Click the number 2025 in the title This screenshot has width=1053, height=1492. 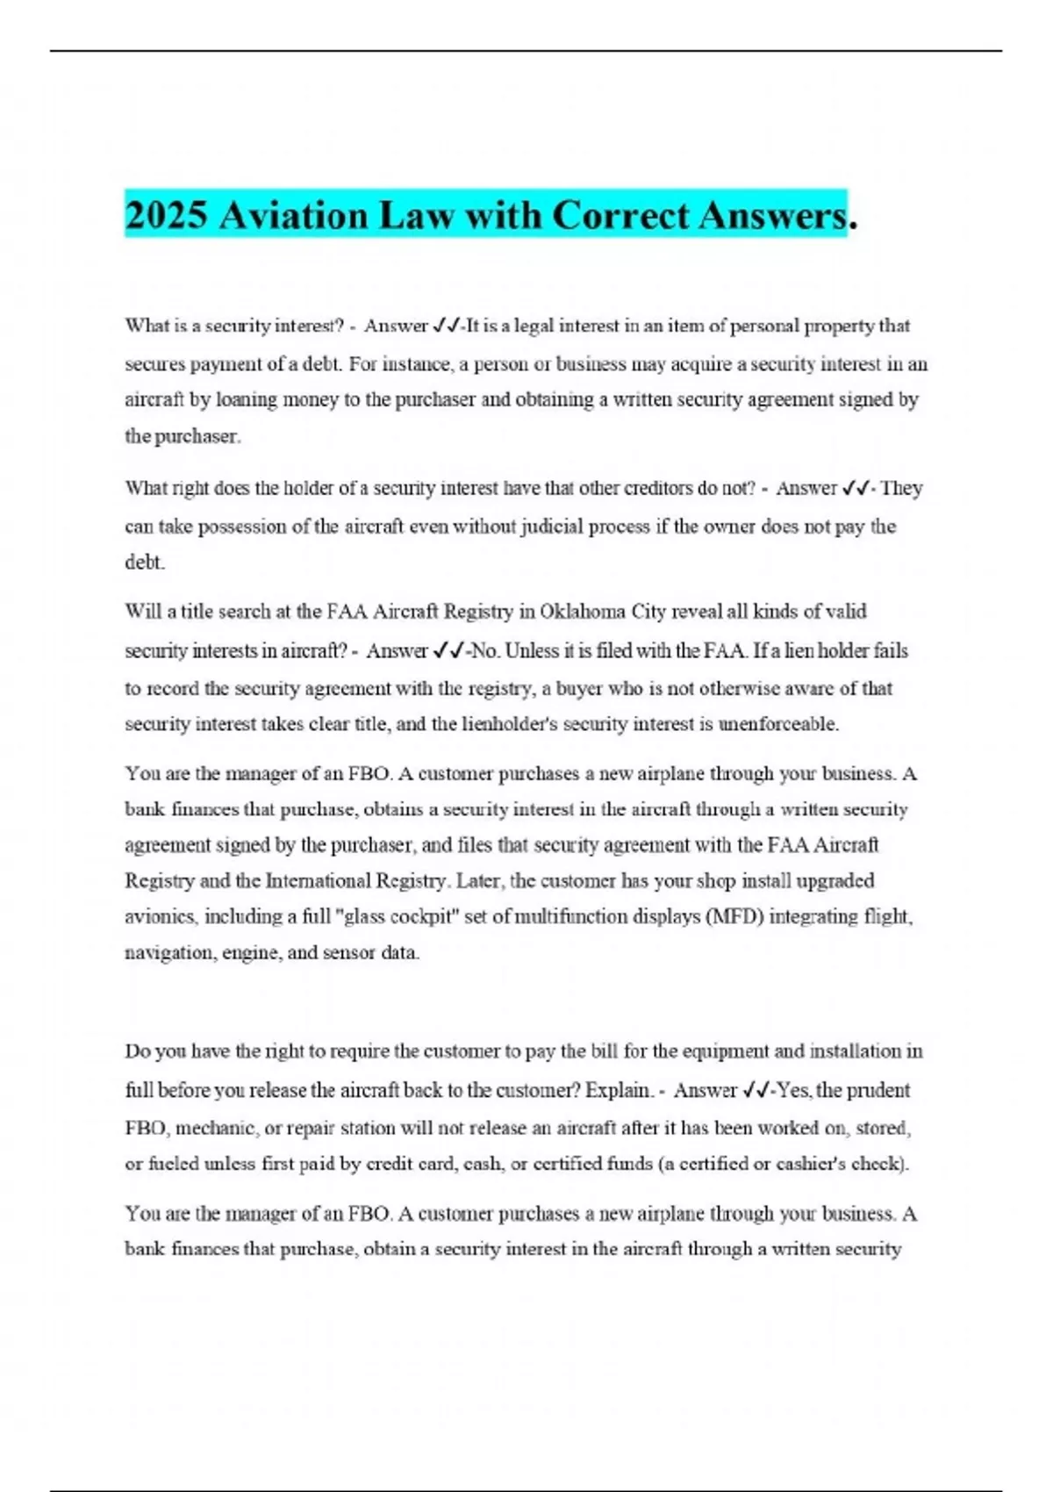tap(168, 216)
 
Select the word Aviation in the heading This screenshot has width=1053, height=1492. tap(293, 216)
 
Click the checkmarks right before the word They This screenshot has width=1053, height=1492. tap(855, 488)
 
